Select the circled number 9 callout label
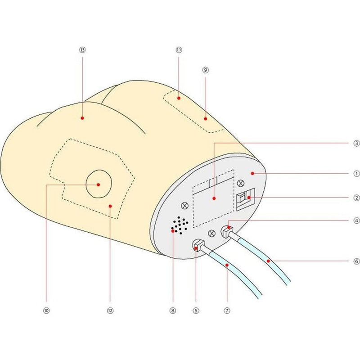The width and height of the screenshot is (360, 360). pos(205,70)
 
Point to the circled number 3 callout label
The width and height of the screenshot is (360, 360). pos(355,144)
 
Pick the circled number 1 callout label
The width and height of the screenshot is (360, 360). pos(355,173)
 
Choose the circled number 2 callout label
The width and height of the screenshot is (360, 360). pos(355,197)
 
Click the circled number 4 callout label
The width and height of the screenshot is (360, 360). pos(355,221)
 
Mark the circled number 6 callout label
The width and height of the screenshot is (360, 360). pos(355,261)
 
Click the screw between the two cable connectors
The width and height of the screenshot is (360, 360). pos(212,233)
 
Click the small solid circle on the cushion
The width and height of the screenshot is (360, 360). pos(98,184)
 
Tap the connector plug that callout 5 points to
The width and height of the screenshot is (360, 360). pos(198,246)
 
